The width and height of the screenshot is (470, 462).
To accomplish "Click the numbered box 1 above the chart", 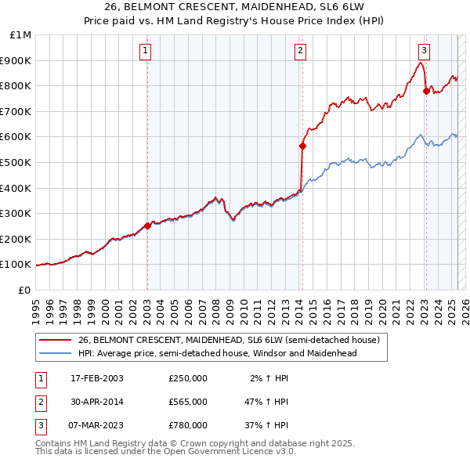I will [146, 52].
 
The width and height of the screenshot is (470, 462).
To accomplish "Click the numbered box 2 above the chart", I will [300, 52].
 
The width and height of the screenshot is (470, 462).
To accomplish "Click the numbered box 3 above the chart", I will [423, 52].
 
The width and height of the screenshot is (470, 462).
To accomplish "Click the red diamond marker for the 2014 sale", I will [302, 145].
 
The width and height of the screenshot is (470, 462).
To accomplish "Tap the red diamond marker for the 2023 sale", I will [426, 90].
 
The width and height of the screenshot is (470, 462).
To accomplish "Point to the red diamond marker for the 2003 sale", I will [148, 226].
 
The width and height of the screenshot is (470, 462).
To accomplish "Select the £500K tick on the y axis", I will [17, 162].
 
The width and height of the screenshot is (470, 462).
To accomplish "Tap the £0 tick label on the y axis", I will [24, 290].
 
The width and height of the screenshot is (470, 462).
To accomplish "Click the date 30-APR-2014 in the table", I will [98, 402].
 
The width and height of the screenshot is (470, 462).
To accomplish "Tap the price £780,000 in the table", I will [188, 425].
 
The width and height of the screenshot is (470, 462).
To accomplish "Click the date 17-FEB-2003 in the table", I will [98, 378].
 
